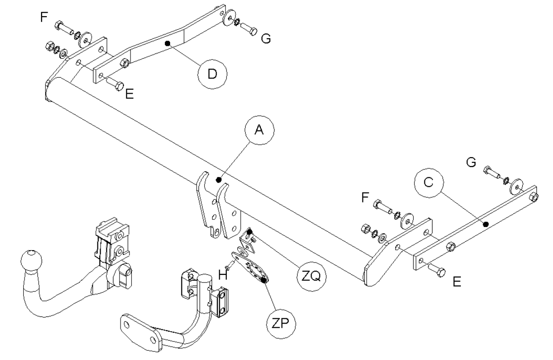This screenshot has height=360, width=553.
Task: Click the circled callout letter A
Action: [x=259, y=130]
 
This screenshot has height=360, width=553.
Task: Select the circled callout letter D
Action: [x=212, y=74]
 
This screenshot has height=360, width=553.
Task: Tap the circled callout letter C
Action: [x=429, y=183]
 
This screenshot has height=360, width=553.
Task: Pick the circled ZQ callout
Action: [x=311, y=276]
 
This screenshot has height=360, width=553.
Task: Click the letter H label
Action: [x=223, y=274]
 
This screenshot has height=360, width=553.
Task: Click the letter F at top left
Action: [x=44, y=17]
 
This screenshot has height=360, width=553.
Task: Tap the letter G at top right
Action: [x=266, y=38]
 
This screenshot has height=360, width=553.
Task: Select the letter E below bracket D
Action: [x=130, y=94]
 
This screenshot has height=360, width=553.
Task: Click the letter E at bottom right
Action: [x=457, y=281]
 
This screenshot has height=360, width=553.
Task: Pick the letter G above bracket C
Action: [x=471, y=162]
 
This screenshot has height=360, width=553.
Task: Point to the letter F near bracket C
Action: [x=365, y=198]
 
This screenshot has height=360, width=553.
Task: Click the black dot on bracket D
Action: [x=168, y=44]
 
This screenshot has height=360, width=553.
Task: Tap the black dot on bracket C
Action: [x=485, y=224]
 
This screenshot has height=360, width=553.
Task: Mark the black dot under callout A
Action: [x=219, y=180]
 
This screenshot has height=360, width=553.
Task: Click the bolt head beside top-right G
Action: [x=253, y=31]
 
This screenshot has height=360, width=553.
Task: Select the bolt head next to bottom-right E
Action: [x=441, y=272]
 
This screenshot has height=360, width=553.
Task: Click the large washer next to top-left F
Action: [x=85, y=39]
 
